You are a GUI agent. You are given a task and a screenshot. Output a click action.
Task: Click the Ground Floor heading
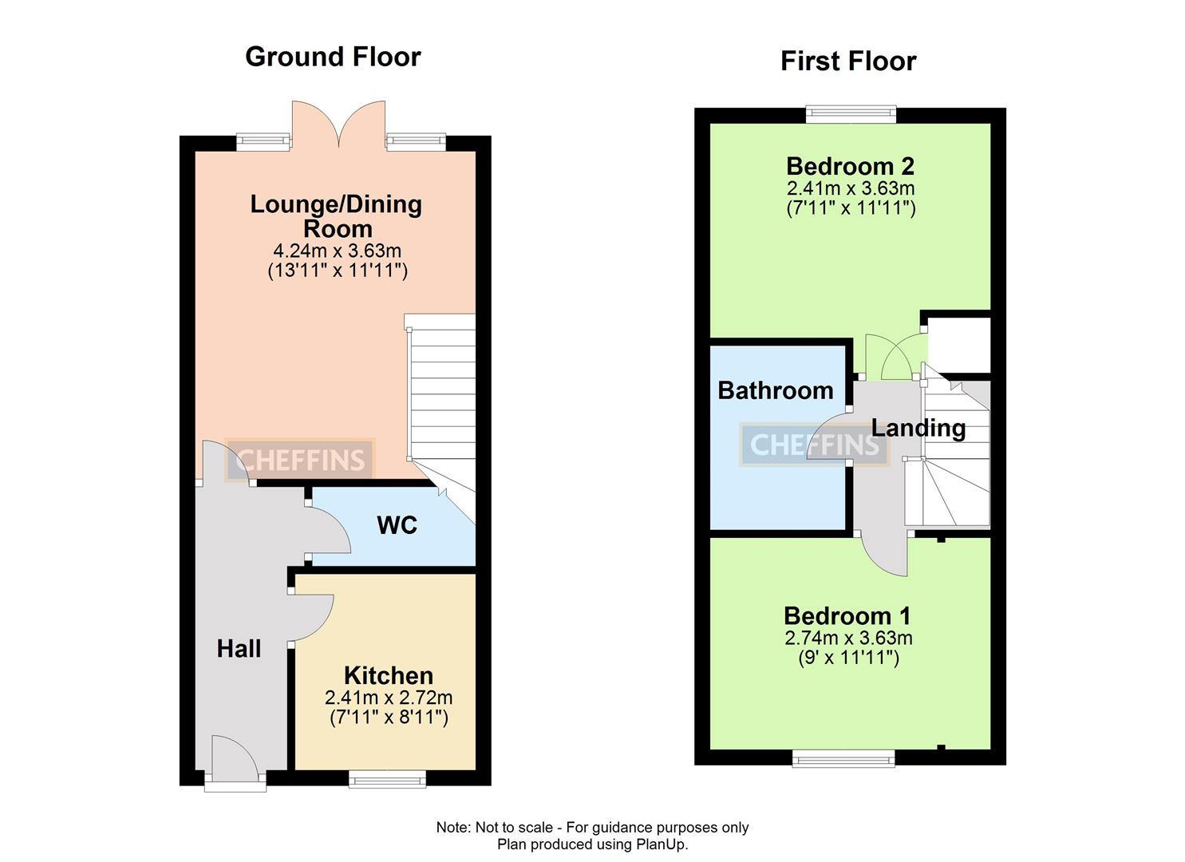click(x=333, y=57)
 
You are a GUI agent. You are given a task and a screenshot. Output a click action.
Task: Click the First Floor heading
click(x=848, y=61)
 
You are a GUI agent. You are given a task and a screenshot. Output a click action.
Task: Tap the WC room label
click(x=397, y=525)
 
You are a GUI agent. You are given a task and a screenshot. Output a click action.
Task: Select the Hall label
click(x=239, y=649)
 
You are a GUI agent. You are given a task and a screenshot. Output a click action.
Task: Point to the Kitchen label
click(x=389, y=676)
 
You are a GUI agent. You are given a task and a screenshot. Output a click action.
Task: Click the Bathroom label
click(x=776, y=390)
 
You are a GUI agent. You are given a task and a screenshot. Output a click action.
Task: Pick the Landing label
click(x=918, y=428)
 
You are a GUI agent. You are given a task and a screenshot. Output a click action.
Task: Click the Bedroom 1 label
click(x=847, y=616)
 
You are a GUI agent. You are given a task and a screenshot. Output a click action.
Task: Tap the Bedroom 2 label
click(x=850, y=166)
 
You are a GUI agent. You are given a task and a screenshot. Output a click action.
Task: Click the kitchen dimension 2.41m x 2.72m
click(x=389, y=698)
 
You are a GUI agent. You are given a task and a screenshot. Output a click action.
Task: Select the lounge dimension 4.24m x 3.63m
click(x=337, y=251)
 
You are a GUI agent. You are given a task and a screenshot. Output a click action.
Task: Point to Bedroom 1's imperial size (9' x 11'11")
click(x=848, y=658)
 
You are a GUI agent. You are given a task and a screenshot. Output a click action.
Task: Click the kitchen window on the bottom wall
click(x=387, y=778)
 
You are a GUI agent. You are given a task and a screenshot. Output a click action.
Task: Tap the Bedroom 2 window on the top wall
click(x=851, y=115)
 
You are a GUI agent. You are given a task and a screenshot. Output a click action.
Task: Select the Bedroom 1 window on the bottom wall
click(x=843, y=758)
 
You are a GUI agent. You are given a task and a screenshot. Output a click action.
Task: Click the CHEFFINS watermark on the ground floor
click(x=300, y=460)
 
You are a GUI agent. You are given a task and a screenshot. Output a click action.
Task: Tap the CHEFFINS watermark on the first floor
click(x=814, y=445)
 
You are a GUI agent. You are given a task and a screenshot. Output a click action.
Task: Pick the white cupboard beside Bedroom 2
click(x=959, y=345)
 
